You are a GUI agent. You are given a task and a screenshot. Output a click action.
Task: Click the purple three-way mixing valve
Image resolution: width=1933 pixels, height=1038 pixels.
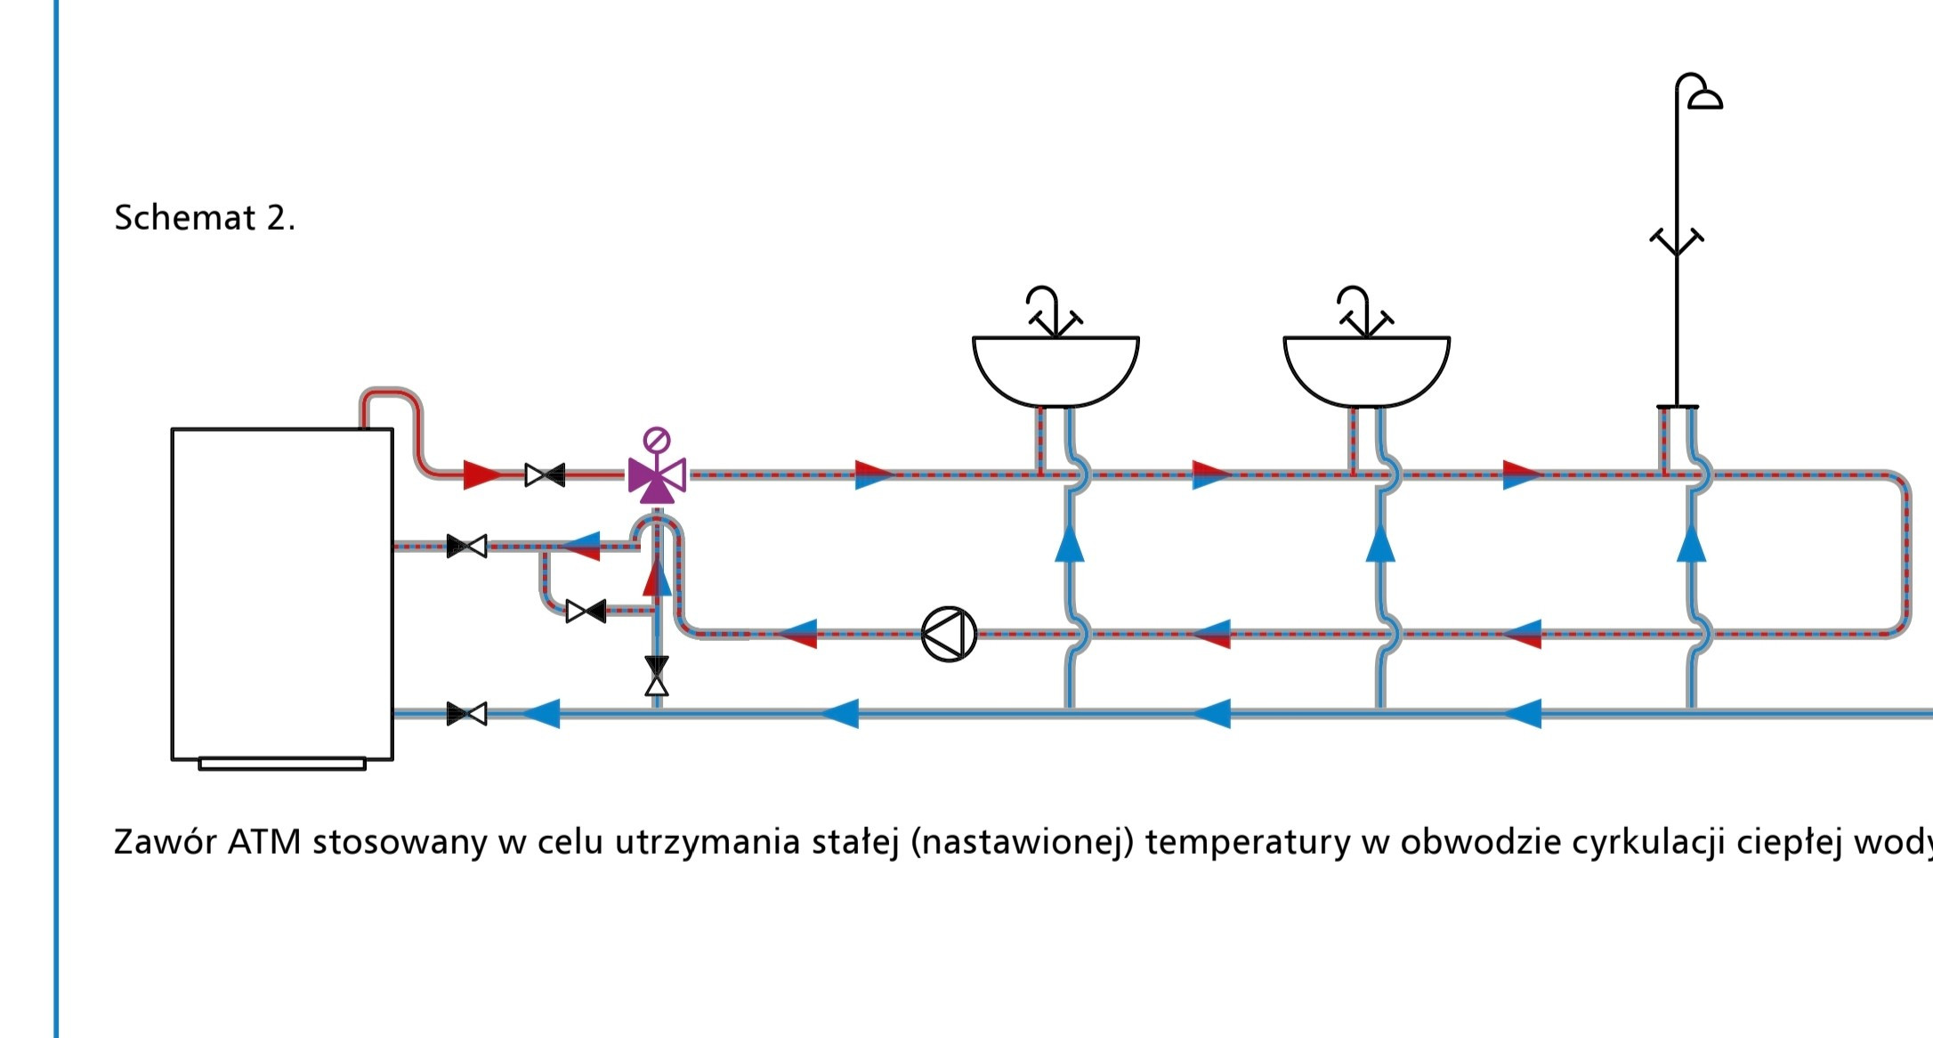click(x=657, y=478)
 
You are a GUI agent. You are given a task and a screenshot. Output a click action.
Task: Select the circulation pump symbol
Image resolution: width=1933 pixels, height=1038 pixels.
click(x=949, y=634)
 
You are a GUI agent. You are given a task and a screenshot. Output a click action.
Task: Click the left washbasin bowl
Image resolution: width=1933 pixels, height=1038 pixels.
click(x=1055, y=369)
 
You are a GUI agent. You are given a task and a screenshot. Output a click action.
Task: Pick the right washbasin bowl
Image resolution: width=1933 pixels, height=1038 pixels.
click(x=1366, y=369)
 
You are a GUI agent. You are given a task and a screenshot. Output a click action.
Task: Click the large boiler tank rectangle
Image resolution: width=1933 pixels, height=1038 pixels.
click(x=282, y=594)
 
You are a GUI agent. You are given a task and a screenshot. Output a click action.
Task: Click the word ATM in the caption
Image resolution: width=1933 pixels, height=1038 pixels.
click(x=264, y=841)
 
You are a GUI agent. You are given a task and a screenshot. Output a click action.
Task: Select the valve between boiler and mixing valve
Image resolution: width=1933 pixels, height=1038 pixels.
click(x=545, y=474)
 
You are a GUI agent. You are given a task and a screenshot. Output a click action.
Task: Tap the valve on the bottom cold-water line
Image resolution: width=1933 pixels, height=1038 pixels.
click(x=466, y=713)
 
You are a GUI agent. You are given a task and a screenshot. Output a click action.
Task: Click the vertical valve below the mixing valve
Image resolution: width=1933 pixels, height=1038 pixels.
click(x=657, y=676)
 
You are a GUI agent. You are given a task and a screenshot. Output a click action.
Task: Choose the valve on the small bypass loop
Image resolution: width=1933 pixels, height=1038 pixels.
click(x=586, y=611)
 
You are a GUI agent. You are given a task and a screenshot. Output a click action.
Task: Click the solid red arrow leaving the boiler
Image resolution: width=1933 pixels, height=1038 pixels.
click(x=481, y=474)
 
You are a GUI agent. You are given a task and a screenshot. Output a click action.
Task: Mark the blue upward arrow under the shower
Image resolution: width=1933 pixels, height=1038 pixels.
click(x=1691, y=544)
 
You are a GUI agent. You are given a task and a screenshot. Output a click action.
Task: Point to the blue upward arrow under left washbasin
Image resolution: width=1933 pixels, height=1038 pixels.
click(x=1069, y=544)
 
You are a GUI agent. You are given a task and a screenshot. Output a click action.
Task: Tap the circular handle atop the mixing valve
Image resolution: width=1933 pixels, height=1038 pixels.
click(x=657, y=440)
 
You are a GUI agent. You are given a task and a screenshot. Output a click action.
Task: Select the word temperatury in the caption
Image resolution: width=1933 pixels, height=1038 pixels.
click(x=1248, y=841)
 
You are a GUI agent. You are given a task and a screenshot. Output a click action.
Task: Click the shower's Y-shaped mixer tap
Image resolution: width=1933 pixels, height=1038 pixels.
click(x=1677, y=242)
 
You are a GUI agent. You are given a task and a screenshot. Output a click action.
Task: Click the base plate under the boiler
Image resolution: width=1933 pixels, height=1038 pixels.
click(x=282, y=764)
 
